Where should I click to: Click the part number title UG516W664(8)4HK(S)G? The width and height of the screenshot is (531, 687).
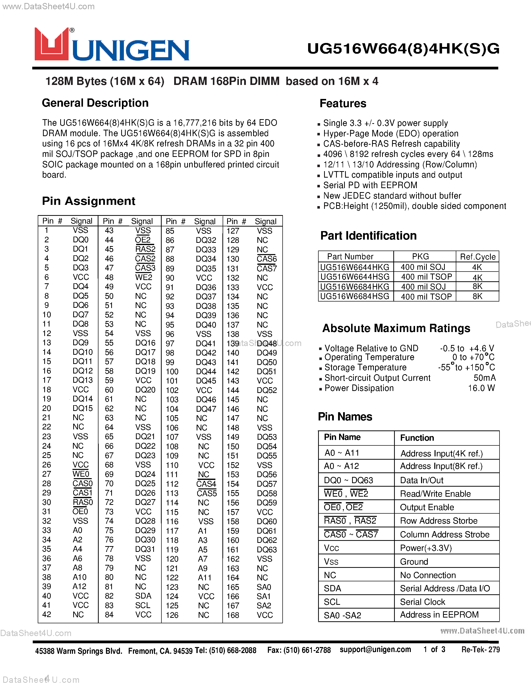coord(403,49)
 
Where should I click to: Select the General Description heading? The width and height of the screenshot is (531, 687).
coord(95,103)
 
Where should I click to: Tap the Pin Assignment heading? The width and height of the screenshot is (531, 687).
coord(88,201)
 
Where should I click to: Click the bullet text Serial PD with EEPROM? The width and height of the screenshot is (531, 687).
coord(370,185)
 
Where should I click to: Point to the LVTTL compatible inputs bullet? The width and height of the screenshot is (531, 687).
coord(392,175)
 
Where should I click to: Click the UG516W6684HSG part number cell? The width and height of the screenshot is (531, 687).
coord(355,296)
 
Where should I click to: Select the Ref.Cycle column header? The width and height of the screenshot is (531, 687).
coord(478,257)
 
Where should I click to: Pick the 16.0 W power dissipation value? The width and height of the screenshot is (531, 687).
coord(481,388)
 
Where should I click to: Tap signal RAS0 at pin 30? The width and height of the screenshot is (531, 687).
coord(83,502)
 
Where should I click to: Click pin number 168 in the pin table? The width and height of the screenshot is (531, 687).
coord(233,615)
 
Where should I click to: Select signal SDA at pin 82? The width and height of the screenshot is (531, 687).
coord(143,596)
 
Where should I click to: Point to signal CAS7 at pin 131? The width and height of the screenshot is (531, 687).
coord(266,269)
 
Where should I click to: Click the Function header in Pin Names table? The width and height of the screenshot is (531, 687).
coord(417,438)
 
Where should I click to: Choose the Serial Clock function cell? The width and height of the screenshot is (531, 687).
coord(423,602)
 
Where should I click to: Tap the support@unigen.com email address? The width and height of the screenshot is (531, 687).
coord(375,650)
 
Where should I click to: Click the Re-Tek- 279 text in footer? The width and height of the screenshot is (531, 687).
coord(480,650)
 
